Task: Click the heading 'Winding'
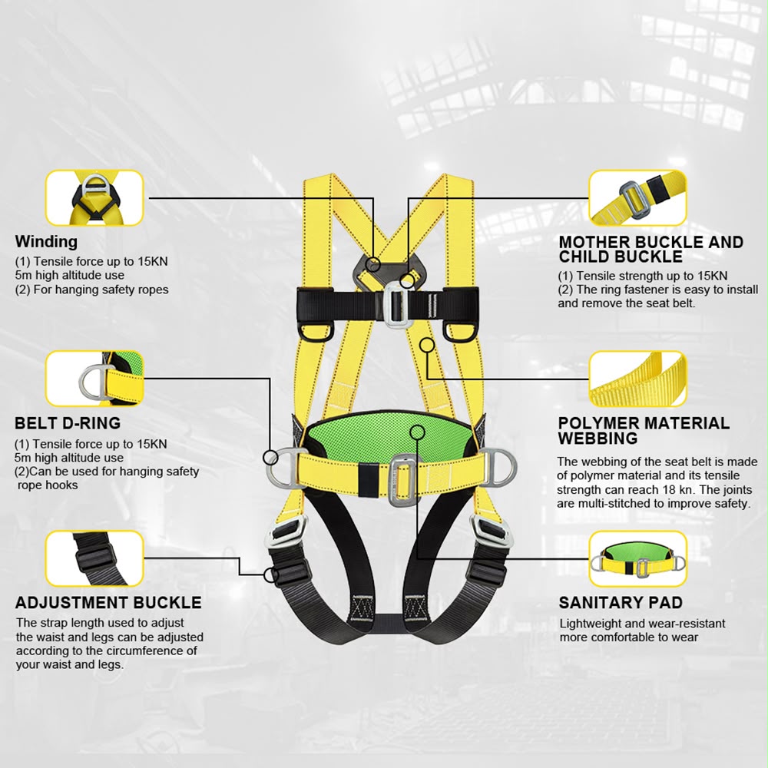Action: [46, 241]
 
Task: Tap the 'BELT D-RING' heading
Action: [68, 423]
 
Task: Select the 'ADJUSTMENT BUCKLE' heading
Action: [108, 602]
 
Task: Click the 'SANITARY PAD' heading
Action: [621, 602]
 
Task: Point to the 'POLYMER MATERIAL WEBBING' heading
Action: [644, 431]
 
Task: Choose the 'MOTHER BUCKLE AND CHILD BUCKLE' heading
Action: [651, 250]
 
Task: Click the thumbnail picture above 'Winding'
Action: [94, 198]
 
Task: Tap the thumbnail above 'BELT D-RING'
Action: [94, 378]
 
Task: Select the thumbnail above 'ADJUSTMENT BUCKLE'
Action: [94, 558]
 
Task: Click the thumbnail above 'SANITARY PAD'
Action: [637, 558]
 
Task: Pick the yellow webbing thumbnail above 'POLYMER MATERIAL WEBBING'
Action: [637, 378]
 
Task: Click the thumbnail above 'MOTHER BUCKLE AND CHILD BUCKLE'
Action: [637, 198]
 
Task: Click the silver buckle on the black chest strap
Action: [395, 305]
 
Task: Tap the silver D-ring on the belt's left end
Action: [282, 468]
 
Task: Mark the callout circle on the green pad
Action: [418, 432]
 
